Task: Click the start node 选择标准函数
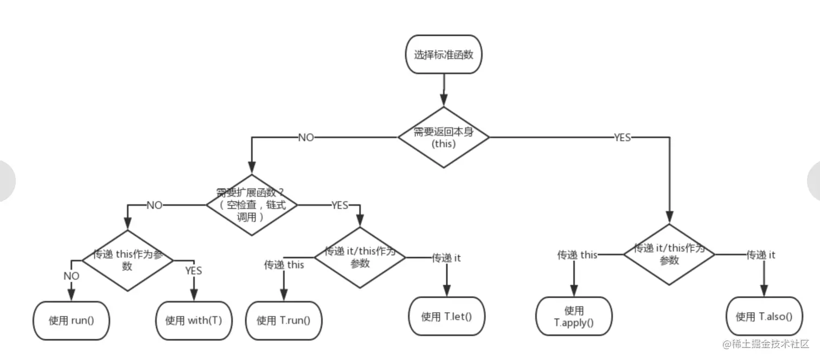coord(444,55)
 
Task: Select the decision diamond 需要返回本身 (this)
coord(444,138)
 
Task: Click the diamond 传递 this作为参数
coord(127,261)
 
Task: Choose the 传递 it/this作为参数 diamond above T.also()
coord(669,254)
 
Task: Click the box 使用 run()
coord(71,320)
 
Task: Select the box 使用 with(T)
coord(194,320)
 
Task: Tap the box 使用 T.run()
coord(284,320)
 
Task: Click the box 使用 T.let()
coord(446,316)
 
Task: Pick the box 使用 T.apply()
coord(574,317)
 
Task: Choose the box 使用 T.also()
coord(764,317)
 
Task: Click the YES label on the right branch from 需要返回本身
coord(622,138)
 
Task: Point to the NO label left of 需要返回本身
coord(306,138)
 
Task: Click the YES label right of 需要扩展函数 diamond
coord(339,205)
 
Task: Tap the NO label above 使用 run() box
coord(71,276)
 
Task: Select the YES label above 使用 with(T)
coord(193,270)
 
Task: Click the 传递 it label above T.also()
coord(761,255)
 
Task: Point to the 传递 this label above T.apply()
coord(577,255)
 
